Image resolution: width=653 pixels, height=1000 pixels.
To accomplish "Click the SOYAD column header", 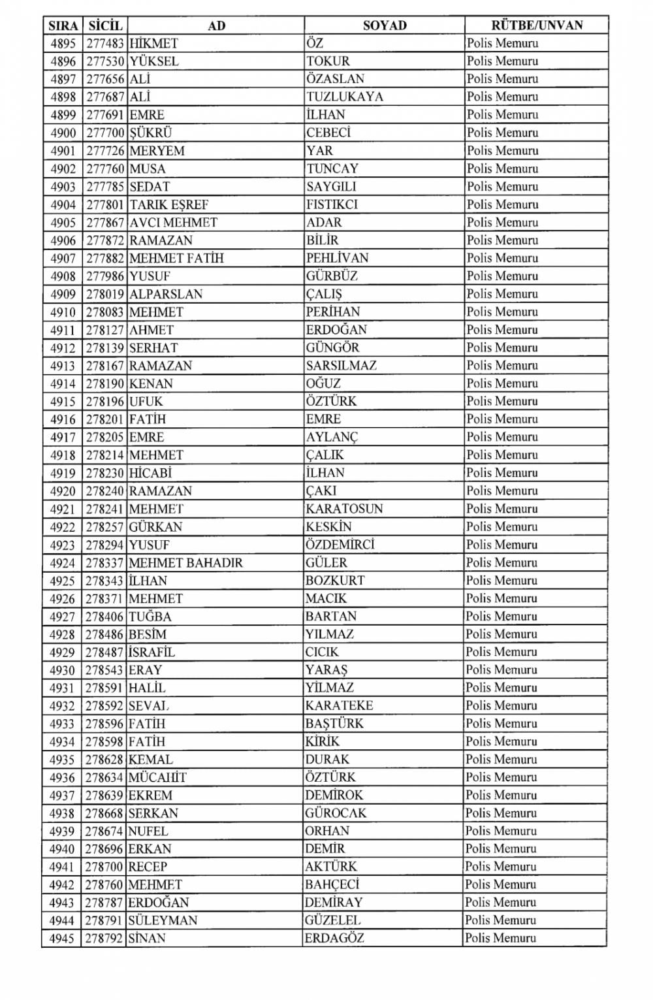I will (x=385, y=25).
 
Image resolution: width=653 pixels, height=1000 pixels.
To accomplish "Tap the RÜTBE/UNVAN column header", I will (x=537, y=25).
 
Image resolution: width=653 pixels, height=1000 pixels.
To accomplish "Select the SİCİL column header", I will (x=104, y=25).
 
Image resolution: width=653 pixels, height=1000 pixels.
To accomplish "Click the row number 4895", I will (x=63, y=44).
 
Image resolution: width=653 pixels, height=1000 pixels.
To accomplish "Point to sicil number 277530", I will (x=105, y=61).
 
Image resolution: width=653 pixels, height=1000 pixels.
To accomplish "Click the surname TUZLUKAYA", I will (x=345, y=97).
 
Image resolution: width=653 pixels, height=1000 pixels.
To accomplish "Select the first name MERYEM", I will (x=157, y=151).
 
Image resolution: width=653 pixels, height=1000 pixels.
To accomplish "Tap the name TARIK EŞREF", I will (x=168, y=204).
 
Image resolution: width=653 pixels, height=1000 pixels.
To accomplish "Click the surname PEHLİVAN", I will (x=337, y=258).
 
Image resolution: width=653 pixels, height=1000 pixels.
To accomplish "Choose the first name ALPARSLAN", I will (x=166, y=294).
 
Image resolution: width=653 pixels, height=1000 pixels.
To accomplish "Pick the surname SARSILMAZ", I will (x=341, y=366).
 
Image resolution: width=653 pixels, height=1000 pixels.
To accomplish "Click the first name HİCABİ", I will (x=150, y=473).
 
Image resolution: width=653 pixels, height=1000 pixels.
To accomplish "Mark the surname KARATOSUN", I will (x=344, y=509).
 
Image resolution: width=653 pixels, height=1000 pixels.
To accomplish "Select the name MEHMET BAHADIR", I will (x=185, y=562).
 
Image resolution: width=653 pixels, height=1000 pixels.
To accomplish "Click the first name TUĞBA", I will (x=150, y=616).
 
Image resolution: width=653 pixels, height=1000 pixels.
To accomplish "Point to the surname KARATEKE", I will (x=339, y=705).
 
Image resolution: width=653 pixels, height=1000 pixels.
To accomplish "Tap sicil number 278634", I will (x=105, y=777).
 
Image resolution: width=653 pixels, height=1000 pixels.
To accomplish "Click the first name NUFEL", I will (x=148, y=831).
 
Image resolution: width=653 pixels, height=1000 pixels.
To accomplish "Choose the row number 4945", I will (x=63, y=938).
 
